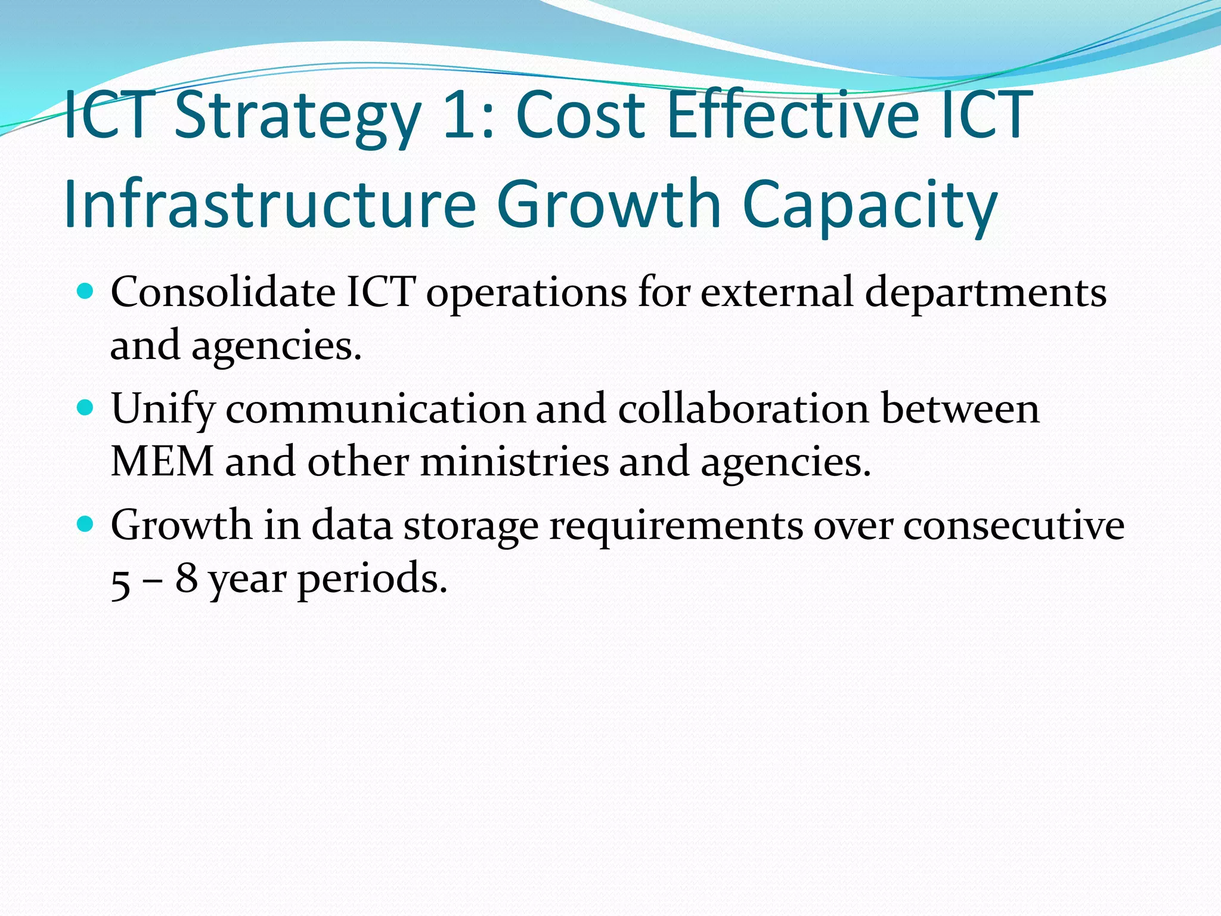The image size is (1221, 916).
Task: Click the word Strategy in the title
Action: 297,116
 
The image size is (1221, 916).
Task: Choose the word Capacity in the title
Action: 870,206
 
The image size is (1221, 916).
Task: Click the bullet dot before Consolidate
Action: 86,292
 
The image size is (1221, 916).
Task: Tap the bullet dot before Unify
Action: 86,408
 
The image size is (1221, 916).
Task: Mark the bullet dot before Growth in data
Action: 86,524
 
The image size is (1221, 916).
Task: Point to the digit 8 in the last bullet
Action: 186,578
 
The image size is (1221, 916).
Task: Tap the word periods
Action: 372,580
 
